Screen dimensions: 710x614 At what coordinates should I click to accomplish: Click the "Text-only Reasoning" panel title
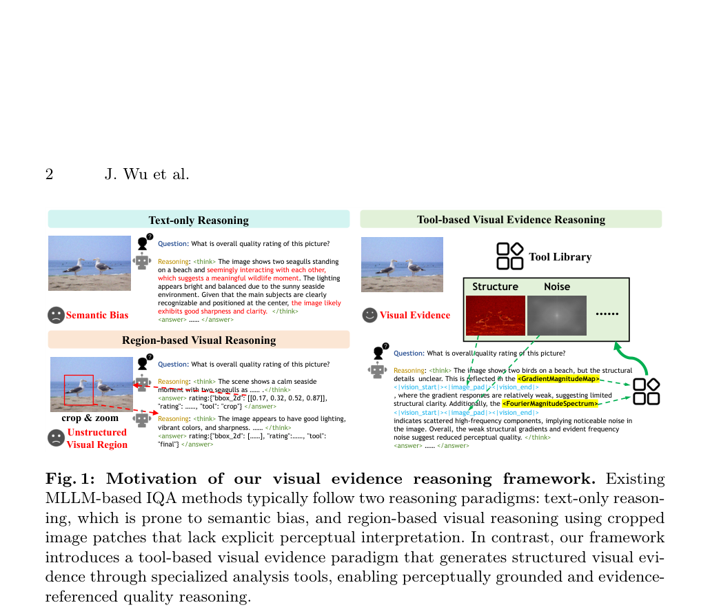coord(199,220)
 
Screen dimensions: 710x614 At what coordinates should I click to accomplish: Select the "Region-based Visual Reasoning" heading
coord(199,340)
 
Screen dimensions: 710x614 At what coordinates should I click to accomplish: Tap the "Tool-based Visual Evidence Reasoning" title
coord(511,220)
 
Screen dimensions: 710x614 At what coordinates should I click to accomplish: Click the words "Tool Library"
coord(560,257)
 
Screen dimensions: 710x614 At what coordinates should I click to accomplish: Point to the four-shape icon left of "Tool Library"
coord(510,256)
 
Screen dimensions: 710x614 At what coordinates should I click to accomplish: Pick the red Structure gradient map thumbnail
coord(496,316)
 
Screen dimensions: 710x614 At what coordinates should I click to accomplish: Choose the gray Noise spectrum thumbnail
coord(557,316)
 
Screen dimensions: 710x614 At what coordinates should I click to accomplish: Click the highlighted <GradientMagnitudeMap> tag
coord(559,378)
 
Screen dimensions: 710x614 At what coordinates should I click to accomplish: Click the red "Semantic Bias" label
coord(97,315)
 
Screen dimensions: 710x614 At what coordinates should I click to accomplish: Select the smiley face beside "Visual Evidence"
coord(369,315)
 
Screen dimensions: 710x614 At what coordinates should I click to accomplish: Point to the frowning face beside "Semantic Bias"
coord(56,315)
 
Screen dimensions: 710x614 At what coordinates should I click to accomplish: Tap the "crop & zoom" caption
coord(90,418)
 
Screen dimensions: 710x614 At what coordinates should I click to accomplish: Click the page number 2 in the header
coord(50,174)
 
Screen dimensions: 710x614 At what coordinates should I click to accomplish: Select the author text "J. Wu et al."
coord(147,174)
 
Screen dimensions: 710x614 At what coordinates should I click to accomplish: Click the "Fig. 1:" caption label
coord(70,479)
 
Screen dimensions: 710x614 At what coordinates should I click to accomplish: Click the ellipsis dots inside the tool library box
coord(607,314)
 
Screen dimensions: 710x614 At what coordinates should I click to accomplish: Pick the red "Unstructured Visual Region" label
coord(97,438)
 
